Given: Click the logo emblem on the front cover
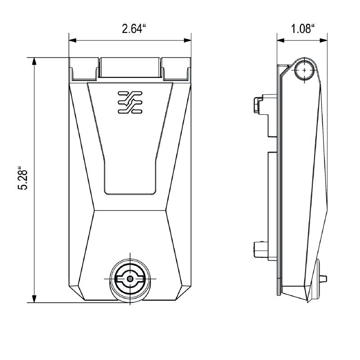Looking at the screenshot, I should (130, 102).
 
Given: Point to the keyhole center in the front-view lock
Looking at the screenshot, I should (130, 279).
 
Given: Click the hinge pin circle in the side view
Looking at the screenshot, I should (305, 71).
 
